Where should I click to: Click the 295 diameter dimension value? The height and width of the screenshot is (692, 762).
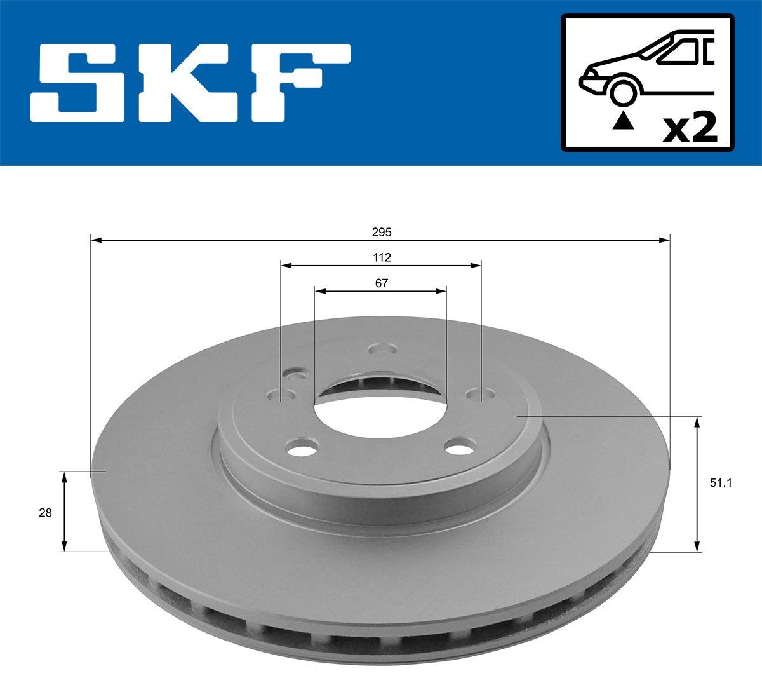tap(381, 233)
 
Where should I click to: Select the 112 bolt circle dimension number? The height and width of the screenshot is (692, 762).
tap(381, 257)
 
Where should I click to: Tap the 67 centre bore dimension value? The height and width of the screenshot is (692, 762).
tap(381, 283)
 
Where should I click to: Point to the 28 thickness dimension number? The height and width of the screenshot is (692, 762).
tap(45, 512)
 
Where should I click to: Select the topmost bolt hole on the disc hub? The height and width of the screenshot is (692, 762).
tap(383, 349)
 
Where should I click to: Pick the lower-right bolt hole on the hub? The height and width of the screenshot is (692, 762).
tap(460, 447)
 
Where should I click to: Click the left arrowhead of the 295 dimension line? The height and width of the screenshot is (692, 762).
tap(96, 240)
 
